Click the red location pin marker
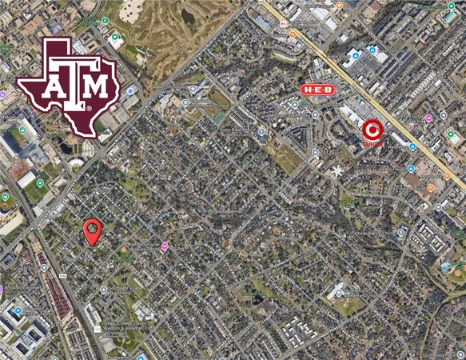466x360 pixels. coord(93,230)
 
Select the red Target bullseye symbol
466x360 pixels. coord(372,130)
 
